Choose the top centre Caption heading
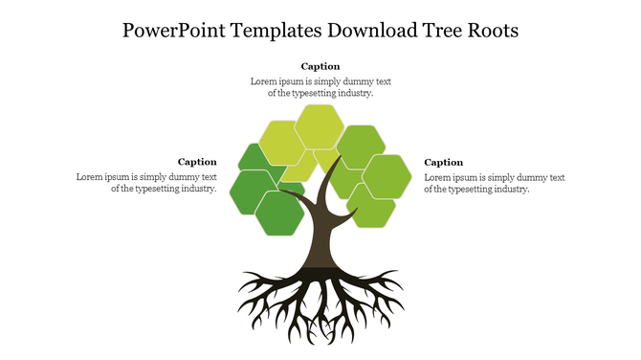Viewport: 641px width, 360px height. tap(320, 66)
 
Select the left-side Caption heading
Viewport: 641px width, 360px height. tap(197, 162)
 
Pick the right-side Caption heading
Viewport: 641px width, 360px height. tap(444, 162)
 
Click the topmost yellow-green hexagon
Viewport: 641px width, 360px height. tap(320, 126)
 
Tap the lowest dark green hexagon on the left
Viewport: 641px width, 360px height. tap(279, 213)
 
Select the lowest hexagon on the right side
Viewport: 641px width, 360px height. tap(372, 209)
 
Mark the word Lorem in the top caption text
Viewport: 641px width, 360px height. tap(265, 81)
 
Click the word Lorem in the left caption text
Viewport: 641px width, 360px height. tap(91, 177)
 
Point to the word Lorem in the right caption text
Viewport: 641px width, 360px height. tap(439, 177)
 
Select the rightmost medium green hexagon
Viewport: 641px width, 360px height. tap(387, 176)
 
